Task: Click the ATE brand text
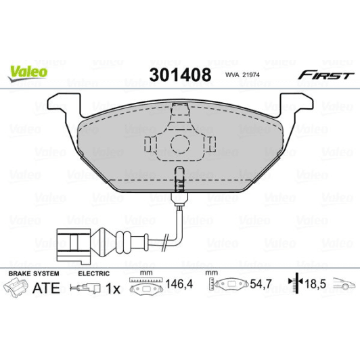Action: tap(47, 288)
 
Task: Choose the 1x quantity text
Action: tap(113, 288)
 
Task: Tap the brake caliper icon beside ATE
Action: tap(18, 288)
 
